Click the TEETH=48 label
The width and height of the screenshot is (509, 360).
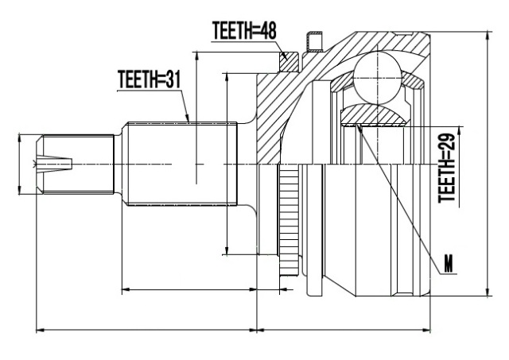click(244, 31)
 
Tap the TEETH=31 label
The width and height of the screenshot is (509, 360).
click(149, 79)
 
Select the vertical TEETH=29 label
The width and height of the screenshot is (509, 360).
click(447, 168)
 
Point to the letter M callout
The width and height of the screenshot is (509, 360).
click(449, 265)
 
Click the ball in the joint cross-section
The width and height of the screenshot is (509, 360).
click(378, 79)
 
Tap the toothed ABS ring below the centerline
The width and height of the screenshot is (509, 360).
click(289, 220)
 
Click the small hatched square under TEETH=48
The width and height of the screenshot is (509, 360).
click(289, 62)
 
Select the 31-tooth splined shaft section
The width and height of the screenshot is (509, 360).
click(182, 164)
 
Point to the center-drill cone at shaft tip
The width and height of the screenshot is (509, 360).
click(53, 163)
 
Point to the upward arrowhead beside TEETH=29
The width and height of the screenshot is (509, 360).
click(460, 131)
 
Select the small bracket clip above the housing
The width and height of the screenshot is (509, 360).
click(314, 42)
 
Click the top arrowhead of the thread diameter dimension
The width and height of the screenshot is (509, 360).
click(20, 137)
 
